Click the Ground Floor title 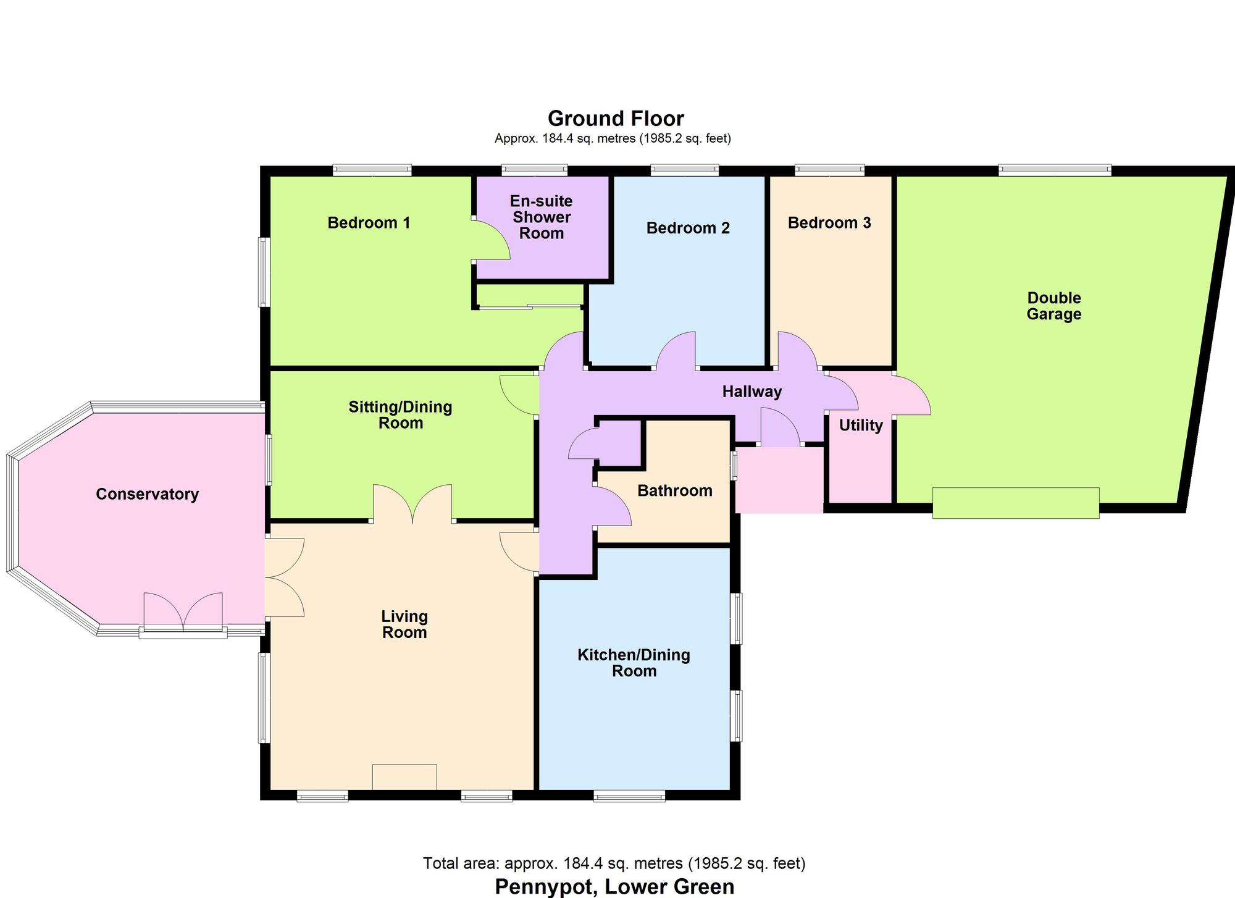(x=616, y=119)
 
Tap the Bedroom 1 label (x=369, y=223)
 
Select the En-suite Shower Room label (x=542, y=217)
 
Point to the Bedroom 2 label (x=688, y=229)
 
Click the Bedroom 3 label (x=829, y=223)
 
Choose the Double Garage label (x=1053, y=306)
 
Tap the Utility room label (x=861, y=426)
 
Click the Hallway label (x=751, y=392)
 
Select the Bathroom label (x=674, y=491)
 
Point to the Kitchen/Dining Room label (x=634, y=663)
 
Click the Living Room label (x=404, y=624)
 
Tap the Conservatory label (x=147, y=494)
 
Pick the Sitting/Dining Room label (x=400, y=415)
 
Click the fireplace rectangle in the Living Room (x=404, y=777)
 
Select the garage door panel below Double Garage (x=1015, y=503)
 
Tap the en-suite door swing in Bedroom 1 (x=492, y=241)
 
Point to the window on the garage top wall (x=1055, y=170)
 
